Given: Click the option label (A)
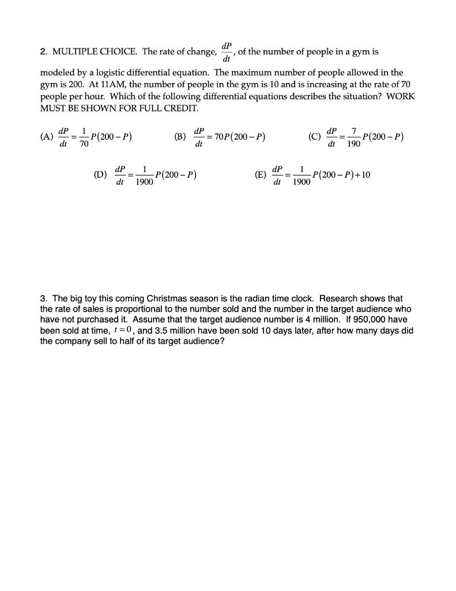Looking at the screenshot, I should (46, 137).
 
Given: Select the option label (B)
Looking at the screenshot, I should (180, 137).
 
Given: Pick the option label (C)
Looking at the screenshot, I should (315, 137).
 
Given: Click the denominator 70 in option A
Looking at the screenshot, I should (84, 144).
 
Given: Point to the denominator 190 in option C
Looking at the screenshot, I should (354, 144).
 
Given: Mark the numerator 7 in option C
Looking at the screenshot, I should (354, 132).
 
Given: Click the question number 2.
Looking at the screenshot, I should (43, 52).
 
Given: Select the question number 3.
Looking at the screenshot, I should (43, 298).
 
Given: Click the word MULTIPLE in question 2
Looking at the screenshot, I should (73, 52).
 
